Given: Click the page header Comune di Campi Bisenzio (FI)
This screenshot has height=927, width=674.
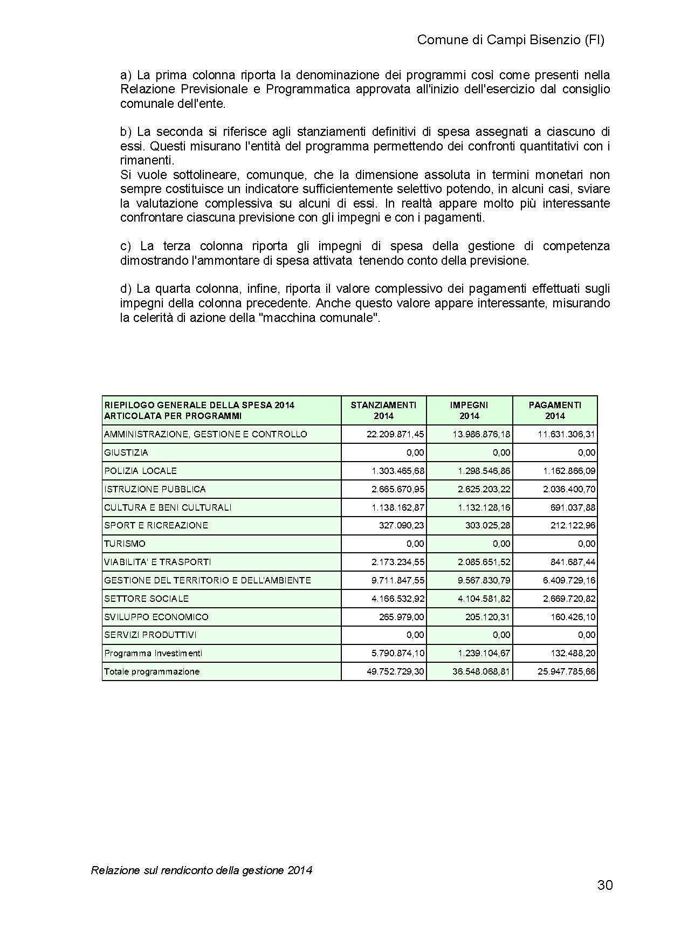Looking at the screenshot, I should tap(511, 40).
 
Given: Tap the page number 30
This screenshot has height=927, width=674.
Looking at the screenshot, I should tap(605, 885).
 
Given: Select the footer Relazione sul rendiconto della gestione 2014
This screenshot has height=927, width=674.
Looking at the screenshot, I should tap(202, 870).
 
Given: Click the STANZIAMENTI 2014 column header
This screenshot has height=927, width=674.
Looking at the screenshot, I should tap(383, 410).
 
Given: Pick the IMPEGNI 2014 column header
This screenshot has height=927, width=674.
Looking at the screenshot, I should tap(469, 410).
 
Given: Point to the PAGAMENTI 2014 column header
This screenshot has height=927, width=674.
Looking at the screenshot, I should tap(555, 410).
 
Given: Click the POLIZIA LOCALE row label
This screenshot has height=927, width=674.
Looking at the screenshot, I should tap(140, 471).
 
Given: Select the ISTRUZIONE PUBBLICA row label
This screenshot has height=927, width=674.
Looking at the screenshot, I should tap(155, 489).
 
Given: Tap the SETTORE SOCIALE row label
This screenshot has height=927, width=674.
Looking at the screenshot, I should tap(146, 599).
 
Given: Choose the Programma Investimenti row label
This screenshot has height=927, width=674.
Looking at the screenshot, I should tap(153, 653).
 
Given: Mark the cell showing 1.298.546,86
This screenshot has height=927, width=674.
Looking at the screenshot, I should tap(484, 471).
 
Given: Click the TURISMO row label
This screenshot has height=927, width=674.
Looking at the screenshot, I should tap(125, 544).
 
